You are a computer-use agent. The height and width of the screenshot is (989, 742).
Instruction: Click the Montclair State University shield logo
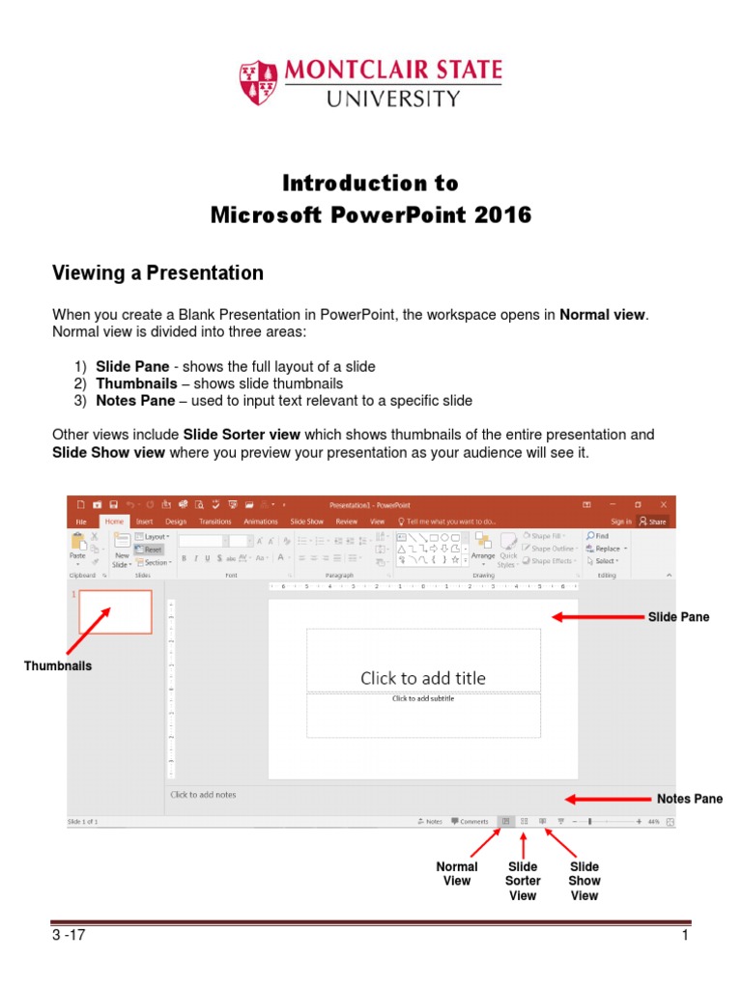click(x=259, y=82)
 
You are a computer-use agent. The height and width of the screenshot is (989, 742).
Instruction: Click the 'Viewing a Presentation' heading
click(x=157, y=273)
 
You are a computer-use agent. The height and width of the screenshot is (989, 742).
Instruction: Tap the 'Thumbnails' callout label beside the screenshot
click(x=58, y=665)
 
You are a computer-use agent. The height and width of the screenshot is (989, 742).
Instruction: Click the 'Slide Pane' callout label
click(x=678, y=617)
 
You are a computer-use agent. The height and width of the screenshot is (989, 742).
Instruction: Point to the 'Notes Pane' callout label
click(x=690, y=799)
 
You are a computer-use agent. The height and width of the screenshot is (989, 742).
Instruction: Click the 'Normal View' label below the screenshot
click(x=457, y=874)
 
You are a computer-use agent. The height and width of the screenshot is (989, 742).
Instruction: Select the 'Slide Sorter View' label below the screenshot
click(x=523, y=881)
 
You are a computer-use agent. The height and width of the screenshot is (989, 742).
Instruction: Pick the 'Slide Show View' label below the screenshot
click(x=585, y=881)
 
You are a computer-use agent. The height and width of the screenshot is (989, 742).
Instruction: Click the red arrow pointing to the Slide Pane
click(x=589, y=617)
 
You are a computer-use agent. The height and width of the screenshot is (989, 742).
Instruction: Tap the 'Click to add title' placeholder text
click(x=423, y=678)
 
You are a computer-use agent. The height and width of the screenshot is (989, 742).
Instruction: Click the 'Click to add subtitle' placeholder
click(x=423, y=698)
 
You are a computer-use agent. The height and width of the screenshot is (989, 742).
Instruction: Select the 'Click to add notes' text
click(x=203, y=795)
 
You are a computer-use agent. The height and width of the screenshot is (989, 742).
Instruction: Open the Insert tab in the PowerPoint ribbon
click(x=143, y=522)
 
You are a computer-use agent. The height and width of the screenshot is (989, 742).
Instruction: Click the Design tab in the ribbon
click(x=176, y=522)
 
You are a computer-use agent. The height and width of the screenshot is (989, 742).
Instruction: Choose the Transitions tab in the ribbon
click(x=215, y=522)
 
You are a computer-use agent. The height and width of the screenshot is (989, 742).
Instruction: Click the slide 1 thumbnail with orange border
click(x=115, y=611)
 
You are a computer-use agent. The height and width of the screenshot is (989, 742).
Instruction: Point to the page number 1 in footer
click(x=684, y=936)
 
